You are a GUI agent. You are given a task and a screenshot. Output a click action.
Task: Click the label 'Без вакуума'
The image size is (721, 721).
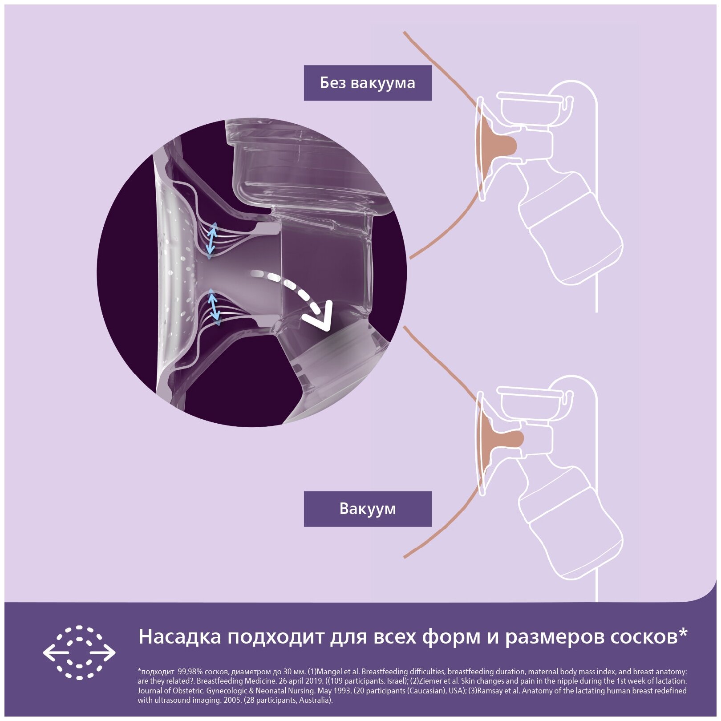pos(367,83)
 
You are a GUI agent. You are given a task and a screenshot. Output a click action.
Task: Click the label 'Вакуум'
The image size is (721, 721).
pos(367,509)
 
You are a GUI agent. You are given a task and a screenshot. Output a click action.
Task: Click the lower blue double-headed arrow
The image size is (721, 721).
pos(214,305)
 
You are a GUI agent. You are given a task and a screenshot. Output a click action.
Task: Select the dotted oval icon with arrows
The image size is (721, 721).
pos(79,652)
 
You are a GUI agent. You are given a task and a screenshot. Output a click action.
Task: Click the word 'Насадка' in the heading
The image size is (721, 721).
pos(179,637)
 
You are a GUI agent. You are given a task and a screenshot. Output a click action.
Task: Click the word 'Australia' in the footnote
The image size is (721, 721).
pos(314,700)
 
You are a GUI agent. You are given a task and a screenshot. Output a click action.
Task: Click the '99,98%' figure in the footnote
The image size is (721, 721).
pos(190,672)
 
